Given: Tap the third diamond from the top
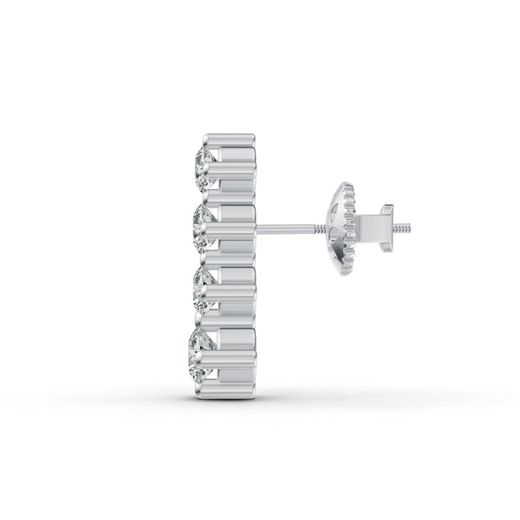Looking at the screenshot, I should click(204, 290).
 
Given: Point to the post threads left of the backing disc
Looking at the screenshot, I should click(327, 230).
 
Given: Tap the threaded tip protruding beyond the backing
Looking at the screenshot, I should click(404, 230).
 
